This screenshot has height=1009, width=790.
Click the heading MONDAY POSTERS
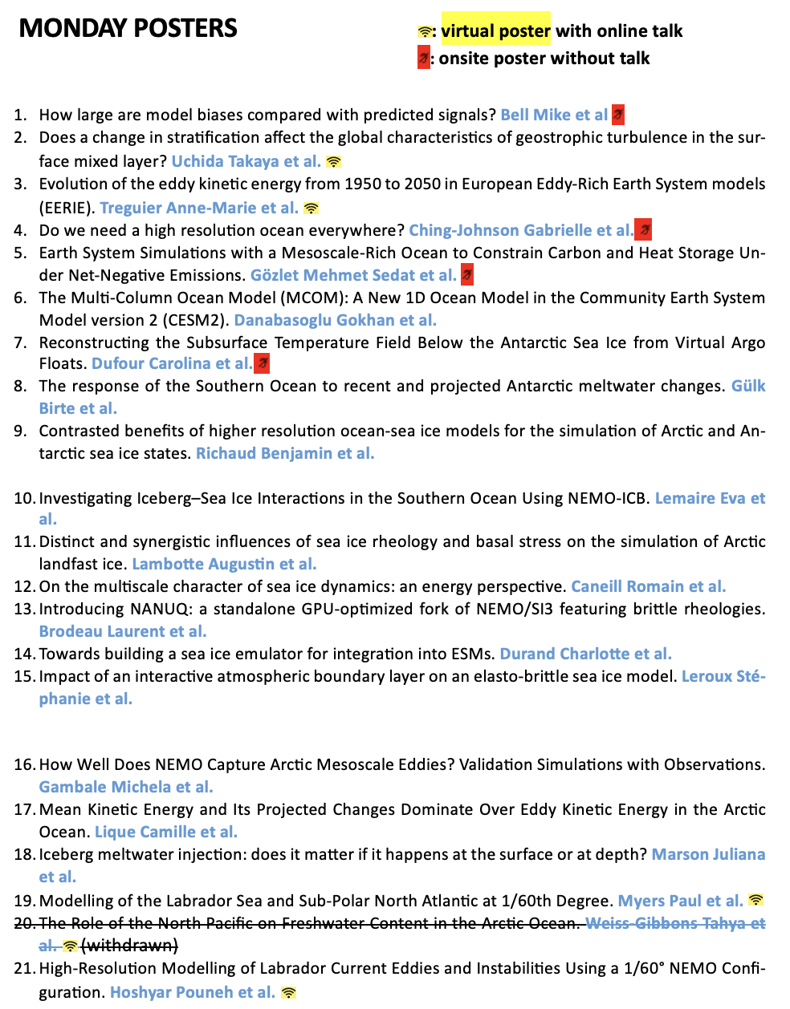tap(128, 28)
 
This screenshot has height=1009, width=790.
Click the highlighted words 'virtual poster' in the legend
tap(495, 30)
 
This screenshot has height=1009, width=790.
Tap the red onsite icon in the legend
tap(423, 58)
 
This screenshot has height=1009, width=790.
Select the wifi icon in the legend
tap(425, 32)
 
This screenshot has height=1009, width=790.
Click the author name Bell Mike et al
tap(554, 115)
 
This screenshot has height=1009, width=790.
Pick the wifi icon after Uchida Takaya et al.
tap(334, 161)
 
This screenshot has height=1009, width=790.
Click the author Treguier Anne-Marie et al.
tap(199, 208)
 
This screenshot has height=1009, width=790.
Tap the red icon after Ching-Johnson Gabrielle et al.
tap(643, 230)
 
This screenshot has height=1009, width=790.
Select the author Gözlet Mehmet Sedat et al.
tap(353, 275)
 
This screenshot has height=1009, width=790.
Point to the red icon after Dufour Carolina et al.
tap(262, 363)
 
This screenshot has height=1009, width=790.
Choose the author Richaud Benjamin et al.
tap(285, 453)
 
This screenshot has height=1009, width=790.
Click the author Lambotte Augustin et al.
tap(224, 564)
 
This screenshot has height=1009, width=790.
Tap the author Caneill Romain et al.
tap(648, 586)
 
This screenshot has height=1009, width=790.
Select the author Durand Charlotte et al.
tap(585, 654)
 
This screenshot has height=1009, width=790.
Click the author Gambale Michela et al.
tap(126, 787)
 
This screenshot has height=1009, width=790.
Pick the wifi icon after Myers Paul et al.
tap(755, 900)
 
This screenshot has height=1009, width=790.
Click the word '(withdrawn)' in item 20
tap(129, 946)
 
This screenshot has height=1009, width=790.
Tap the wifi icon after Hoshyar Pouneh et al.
tap(288, 993)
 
